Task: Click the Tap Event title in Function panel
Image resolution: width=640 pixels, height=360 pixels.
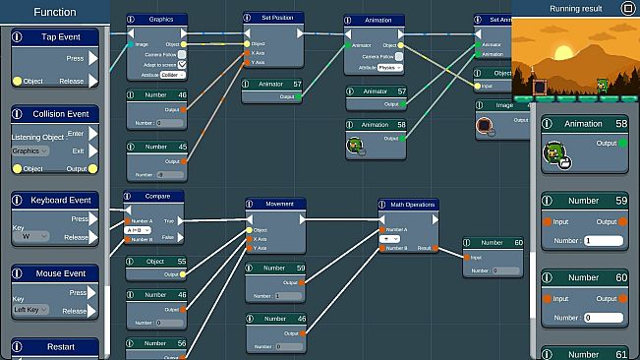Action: [56, 36]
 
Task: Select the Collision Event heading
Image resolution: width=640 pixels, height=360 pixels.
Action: [56, 114]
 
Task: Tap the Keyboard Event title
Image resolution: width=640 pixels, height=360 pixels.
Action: [56, 200]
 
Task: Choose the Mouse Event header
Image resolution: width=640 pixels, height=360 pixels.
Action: [56, 273]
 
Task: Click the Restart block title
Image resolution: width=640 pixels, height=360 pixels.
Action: [56, 347]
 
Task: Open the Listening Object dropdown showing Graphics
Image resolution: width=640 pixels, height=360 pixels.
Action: [29, 150]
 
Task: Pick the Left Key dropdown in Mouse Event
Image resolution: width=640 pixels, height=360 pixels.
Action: [29, 311]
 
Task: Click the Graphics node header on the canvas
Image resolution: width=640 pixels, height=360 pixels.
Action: [160, 19]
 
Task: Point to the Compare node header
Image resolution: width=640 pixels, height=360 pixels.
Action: [155, 197]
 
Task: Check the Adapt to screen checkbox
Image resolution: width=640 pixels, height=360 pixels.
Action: [182, 65]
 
